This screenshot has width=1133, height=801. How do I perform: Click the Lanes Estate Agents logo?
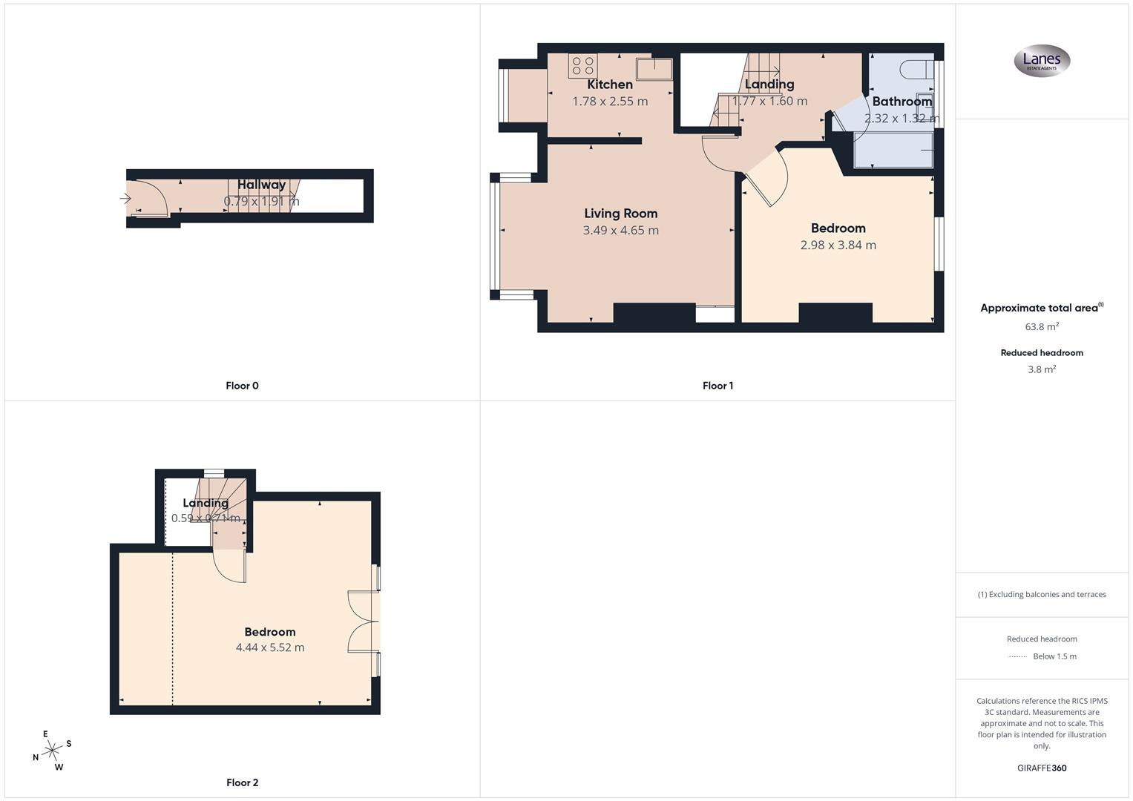1042,61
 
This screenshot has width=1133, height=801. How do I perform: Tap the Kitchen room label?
610,85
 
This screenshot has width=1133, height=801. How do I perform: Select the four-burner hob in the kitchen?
583,66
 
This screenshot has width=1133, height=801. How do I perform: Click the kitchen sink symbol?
654,69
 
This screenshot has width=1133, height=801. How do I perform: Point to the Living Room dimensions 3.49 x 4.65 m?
620,231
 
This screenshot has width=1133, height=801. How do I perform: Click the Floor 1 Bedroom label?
838,228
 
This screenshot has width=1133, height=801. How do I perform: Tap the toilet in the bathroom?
915,70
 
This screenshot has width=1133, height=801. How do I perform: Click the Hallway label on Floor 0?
261,185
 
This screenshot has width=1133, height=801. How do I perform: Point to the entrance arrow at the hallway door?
125,198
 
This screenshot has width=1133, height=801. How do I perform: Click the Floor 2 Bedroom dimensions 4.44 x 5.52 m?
270,647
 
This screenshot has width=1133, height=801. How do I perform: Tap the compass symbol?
52,751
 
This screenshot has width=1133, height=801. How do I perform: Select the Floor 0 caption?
242,386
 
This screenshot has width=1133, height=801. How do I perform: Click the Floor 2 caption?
242,782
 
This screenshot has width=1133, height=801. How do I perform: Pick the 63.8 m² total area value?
1042,326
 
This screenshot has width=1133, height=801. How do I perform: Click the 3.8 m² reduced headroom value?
1042,369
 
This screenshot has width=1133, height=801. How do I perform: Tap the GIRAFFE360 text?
1042,768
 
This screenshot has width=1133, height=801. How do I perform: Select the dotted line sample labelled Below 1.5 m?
1017,656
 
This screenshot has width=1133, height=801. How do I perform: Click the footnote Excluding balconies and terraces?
1042,595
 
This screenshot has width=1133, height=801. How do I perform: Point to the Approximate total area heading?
1040,308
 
